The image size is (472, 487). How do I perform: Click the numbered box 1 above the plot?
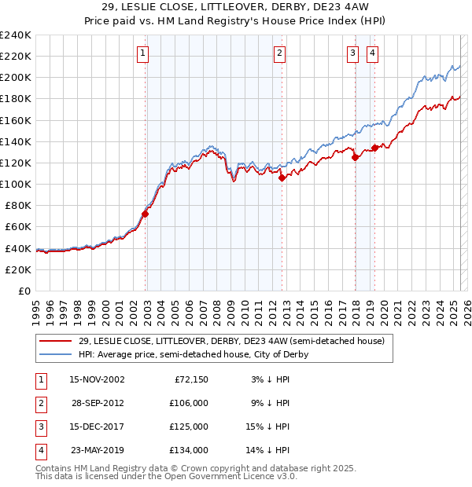[x=142, y=53]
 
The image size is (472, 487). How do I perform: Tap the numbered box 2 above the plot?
[x=279, y=53]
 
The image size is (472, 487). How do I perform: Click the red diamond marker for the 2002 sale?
[x=146, y=213]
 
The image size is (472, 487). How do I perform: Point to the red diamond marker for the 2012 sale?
[x=282, y=178]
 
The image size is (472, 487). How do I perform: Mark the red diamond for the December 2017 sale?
[x=355, y=157]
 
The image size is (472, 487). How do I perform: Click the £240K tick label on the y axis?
[x=16, y=35]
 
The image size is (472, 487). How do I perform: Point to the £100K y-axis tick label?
[x=16, y=184]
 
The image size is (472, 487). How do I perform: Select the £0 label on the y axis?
[x=24, y=291]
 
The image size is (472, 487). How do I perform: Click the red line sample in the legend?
[x=55, y=342]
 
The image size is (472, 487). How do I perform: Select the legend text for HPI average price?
[x=193, y=354]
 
